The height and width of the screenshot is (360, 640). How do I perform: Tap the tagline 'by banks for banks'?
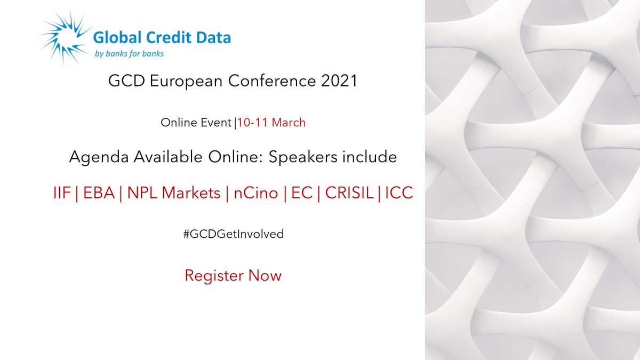(x=129, y=53)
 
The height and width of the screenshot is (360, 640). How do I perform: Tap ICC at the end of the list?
(x=398, y=193)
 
